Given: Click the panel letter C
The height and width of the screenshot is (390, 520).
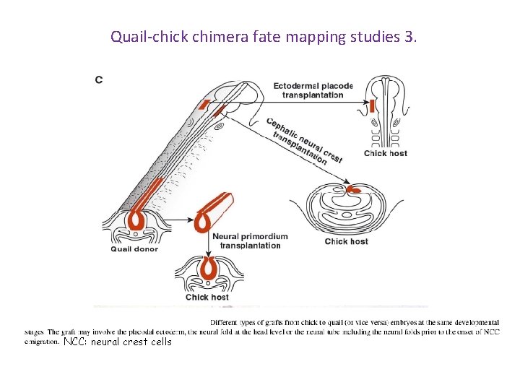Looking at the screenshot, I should [x=99, y=79].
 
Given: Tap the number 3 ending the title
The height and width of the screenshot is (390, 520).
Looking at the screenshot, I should [x=409, y=36].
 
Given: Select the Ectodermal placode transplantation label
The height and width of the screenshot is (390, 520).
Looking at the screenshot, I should [x=313, y=90].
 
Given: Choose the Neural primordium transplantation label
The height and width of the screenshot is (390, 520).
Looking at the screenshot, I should [x=250, y=240].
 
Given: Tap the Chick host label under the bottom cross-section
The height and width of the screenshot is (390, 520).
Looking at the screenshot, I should [x=207, y=297].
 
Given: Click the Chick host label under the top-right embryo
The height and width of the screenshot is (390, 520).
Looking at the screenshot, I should [x=385, y=153].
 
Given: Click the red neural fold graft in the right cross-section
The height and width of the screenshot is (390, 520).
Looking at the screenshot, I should [x=354, y=190].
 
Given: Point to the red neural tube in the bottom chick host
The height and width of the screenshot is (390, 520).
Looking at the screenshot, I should [x=209, y=269].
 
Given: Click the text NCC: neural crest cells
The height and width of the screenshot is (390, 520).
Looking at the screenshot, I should [x=118, y=342].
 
